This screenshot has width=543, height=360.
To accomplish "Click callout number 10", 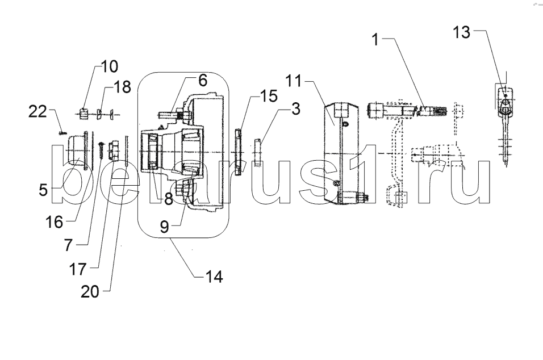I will click(110, 66).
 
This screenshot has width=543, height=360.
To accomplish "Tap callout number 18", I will click(122, 87).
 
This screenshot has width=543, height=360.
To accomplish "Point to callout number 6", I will click(202, 80).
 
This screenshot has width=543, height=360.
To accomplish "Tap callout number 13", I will click(462, 33).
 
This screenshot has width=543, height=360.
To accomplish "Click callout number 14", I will click(215, 277).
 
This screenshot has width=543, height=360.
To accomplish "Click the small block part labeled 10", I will click(83, 115).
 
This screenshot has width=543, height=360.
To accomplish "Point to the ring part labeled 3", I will click(256, 151).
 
